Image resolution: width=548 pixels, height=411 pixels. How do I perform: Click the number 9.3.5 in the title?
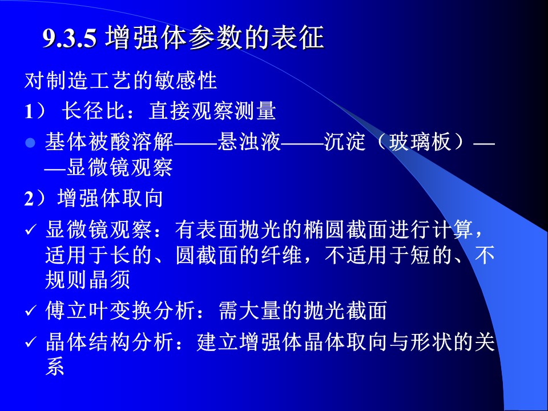coord(70,38)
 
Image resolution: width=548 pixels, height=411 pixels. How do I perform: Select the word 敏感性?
coord(185,80)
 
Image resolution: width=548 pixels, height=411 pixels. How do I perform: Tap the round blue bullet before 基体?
coord(30,143)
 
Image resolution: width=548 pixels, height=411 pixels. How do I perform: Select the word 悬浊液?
coord(249,142)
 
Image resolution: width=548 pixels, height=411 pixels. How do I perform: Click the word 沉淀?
coord(344,142)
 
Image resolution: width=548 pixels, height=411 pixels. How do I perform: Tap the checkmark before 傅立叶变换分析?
coord(31,311)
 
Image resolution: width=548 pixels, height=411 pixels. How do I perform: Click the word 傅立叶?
coord(77,311)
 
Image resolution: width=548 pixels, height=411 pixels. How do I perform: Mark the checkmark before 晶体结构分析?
coord(31,342)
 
